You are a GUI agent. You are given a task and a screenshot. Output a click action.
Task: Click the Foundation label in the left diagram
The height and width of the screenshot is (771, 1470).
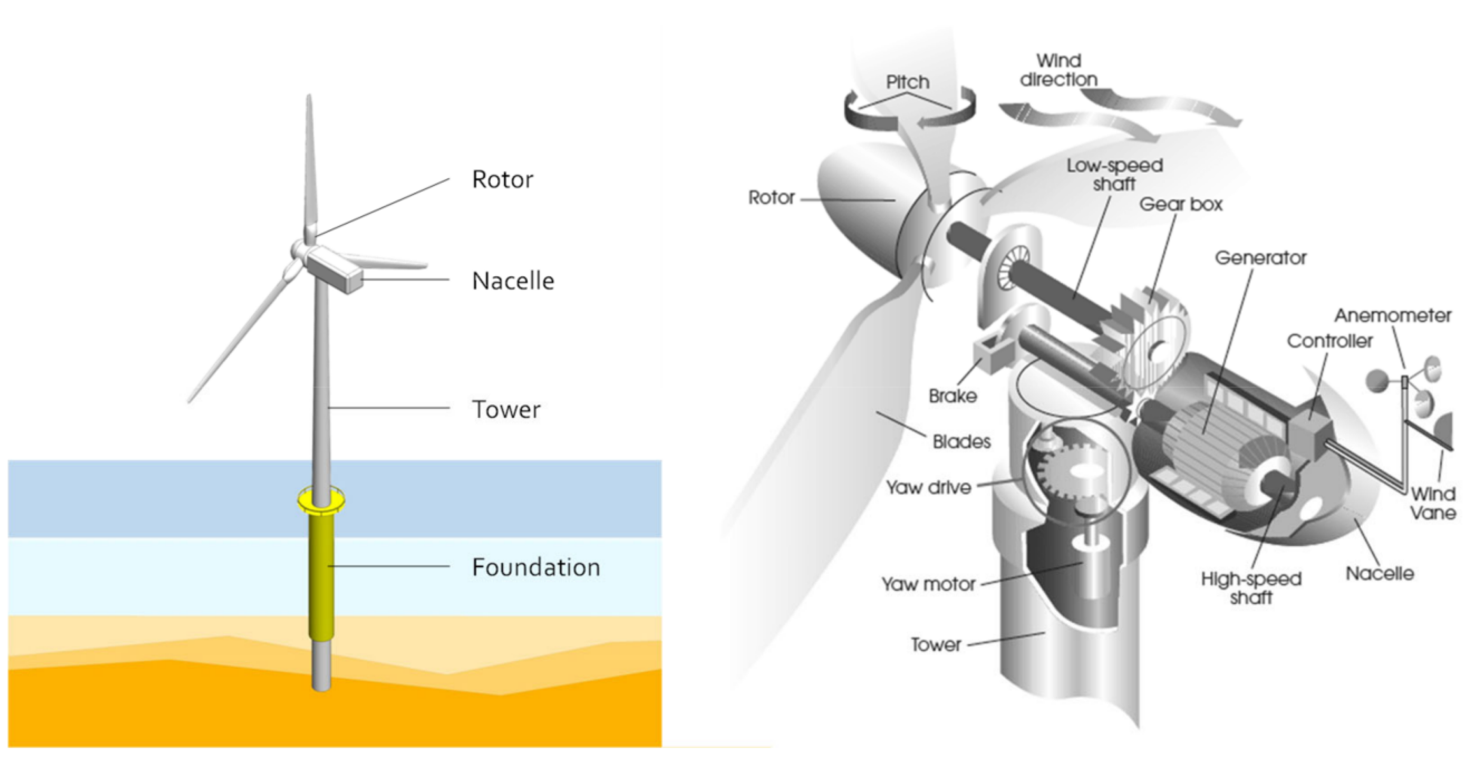click(x=535, y=567)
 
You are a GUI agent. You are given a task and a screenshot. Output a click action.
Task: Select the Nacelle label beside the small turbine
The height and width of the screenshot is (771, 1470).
click(x=512, y=281)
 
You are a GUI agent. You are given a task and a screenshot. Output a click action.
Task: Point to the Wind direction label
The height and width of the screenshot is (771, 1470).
click(x=1058, y=70)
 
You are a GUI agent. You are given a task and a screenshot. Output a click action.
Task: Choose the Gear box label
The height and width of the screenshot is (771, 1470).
click(x=1181, y=204)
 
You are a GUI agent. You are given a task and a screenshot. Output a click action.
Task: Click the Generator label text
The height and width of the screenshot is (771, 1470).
click(x=1260, y=258)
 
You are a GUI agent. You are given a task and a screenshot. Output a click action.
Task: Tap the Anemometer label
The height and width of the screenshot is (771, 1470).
click(x=1392, y=316)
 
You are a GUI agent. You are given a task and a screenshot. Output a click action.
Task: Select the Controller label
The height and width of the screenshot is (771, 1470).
click(x=1330, y=341)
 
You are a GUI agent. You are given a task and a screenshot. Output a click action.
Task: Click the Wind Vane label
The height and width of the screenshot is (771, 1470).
click(x=1433, y=503)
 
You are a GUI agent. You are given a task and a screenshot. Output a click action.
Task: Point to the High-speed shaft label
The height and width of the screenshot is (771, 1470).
click(x=1251, y=588)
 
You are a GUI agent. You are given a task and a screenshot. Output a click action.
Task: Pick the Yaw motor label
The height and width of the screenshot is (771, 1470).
click(x=928, y=584)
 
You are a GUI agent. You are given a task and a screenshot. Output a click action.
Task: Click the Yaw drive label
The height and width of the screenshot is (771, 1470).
click(x=928, y=487)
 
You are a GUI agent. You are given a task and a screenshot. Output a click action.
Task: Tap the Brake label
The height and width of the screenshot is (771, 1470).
click(x=952, y=396)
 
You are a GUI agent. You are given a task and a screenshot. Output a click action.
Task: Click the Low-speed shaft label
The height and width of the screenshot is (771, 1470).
click(x=1114, y=175)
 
